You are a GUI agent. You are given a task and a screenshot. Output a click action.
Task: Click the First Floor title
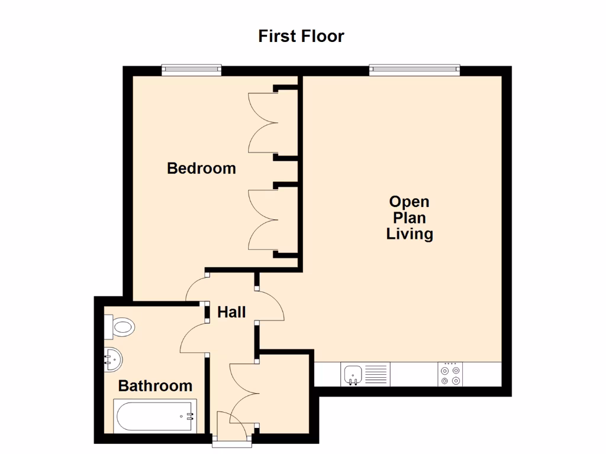[301, 36]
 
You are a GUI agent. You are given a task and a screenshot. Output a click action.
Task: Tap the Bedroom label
[201, 168]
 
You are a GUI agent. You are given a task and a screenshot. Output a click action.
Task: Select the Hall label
[231, 312]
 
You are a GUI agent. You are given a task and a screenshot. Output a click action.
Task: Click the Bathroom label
[155, 386]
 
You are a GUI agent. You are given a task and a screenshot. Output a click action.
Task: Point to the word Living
[410, 234]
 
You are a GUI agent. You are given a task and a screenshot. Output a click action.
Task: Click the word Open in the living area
[409, 202]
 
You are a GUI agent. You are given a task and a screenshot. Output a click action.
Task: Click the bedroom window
[191, 70]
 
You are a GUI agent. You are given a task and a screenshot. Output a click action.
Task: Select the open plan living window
[414, 70]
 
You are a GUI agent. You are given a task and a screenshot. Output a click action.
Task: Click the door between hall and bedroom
[196, 288]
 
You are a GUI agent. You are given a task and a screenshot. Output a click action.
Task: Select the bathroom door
[193, 338]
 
